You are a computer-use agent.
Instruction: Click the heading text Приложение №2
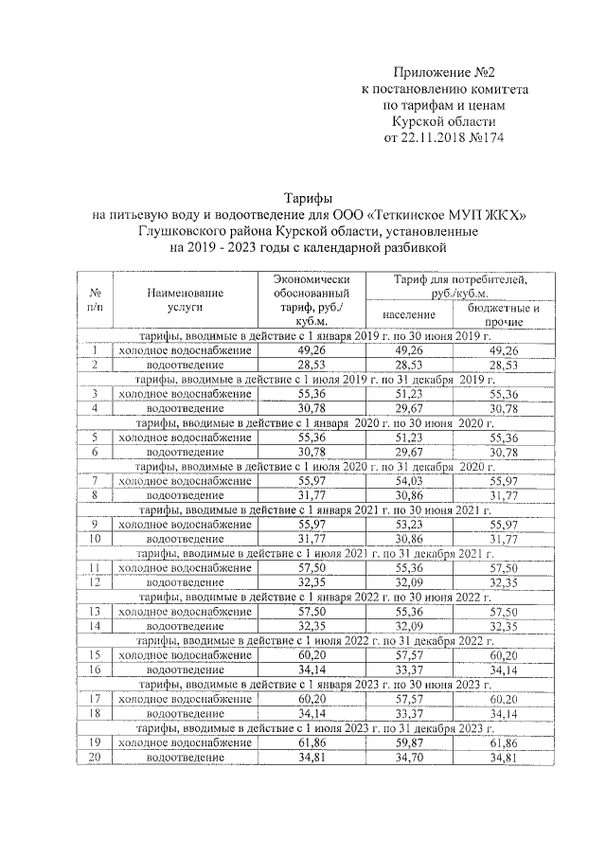444,72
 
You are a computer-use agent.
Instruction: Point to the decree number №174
487,136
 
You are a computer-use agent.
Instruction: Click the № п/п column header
95,301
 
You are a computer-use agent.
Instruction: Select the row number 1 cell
95,350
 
